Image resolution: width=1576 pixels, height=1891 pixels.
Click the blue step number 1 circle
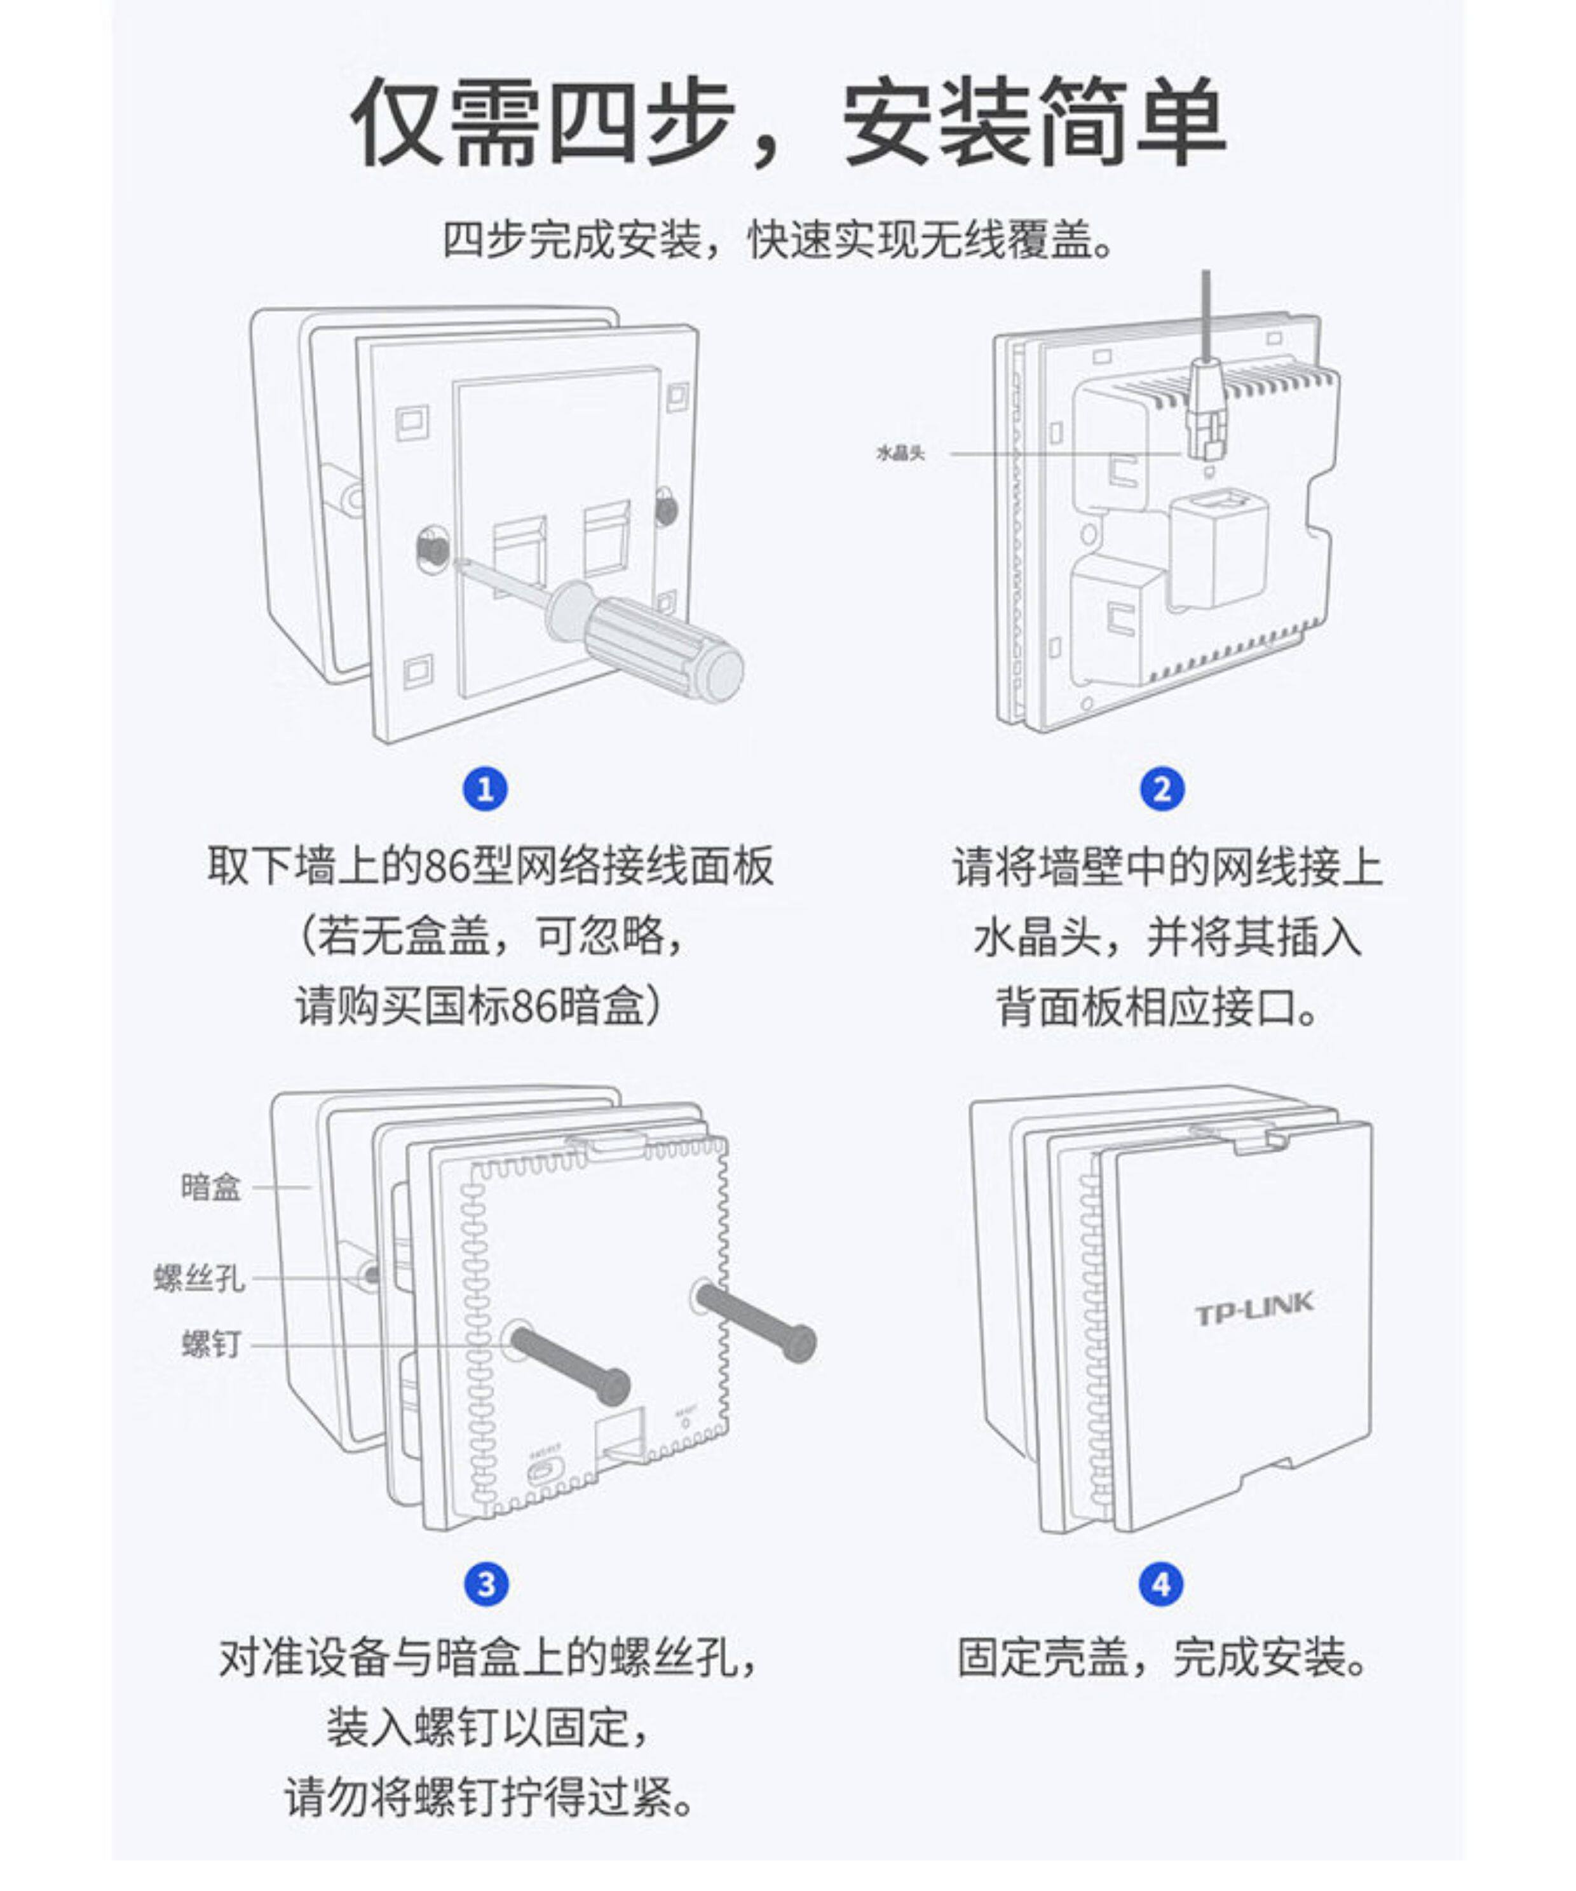click(x=486, y=790)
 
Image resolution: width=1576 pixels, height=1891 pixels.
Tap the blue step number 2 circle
click(x=1162, y=790)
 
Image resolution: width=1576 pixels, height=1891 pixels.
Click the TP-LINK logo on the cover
click(x=1254, y=1308)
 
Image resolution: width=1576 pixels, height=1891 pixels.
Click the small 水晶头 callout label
click(x=900, y=453)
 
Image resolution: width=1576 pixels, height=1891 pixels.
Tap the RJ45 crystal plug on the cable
click(x=1209, y=410)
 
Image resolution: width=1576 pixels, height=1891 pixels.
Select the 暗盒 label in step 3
click(x=211, y=1187)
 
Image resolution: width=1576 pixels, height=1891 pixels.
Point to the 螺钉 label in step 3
click(x=212, y=1343)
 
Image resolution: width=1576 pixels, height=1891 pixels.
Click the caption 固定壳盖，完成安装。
click(x=1162, y=1658)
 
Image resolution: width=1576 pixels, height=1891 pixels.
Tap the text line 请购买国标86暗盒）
click(x=480, y=1006)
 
